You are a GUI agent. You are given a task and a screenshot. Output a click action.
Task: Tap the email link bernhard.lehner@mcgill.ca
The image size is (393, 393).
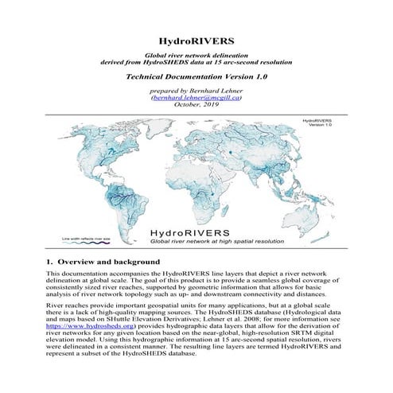pos(196,101)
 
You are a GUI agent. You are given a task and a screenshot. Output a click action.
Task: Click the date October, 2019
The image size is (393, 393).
pos(196,109)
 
